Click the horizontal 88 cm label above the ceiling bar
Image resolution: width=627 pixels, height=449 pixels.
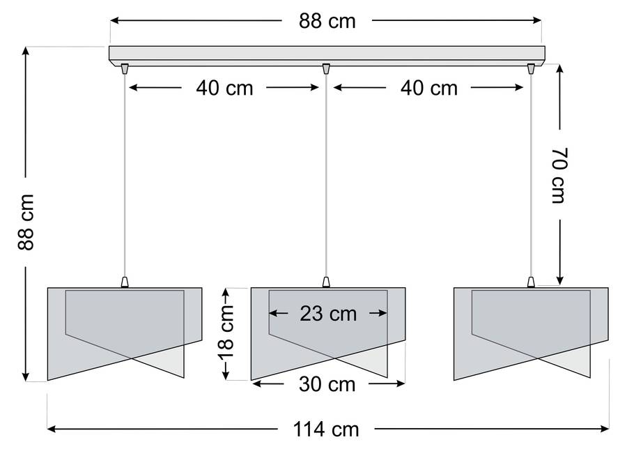pyautogui.click(x=327, y=21)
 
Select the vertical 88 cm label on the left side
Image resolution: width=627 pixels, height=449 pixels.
pyautogui.click(x=26, y=222)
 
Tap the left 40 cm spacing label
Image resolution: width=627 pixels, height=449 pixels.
pyautogui.click(x=224, y=88)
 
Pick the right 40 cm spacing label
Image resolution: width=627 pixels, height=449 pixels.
pyautogui.click(x=429, y=88)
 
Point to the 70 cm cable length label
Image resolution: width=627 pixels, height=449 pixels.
pyautogui.click(x=560, y=175)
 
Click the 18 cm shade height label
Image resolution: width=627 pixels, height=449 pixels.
pyautogui.click(x=226, y=333)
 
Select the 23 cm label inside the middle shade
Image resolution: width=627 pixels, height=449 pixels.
pyautogui.click(x=328, y=314)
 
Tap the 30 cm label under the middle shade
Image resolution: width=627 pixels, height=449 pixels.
pyautogui.click(x=327, y=385)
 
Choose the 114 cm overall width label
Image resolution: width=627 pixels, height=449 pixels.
pyautogui.click(x=326, y=429)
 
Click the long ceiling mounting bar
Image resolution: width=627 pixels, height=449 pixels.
pyautogui.click(x=327, y=56)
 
